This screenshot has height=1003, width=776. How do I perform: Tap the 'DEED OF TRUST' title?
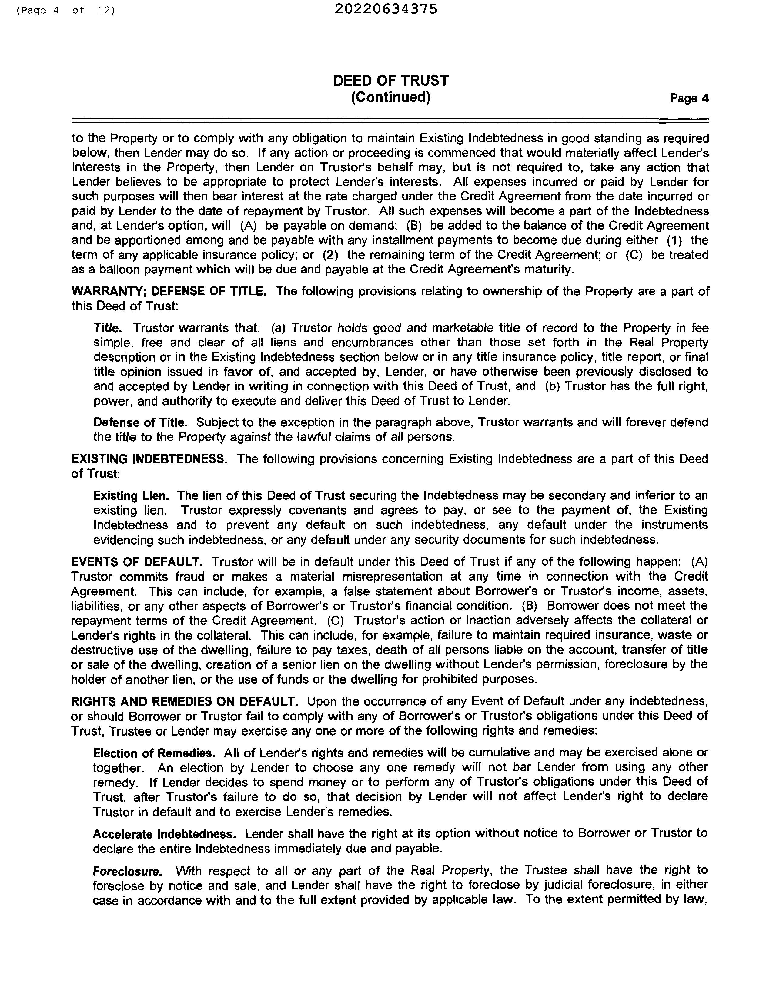pos(390,81)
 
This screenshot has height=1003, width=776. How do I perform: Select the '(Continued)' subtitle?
pos(390,97)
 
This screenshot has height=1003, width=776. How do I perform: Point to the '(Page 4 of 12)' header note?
pos(65,10)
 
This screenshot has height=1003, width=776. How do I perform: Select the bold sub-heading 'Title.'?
pos(108,328)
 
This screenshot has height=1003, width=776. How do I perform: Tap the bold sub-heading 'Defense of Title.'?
pos(140,422)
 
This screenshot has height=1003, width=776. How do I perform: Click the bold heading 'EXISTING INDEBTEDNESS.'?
pos(149,459)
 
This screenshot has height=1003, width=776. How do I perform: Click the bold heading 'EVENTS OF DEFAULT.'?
pos(136,562)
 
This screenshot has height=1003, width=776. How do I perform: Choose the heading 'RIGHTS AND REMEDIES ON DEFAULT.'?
pos(184,701)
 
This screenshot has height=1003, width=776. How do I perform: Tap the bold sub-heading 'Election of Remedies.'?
pos(154,753)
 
